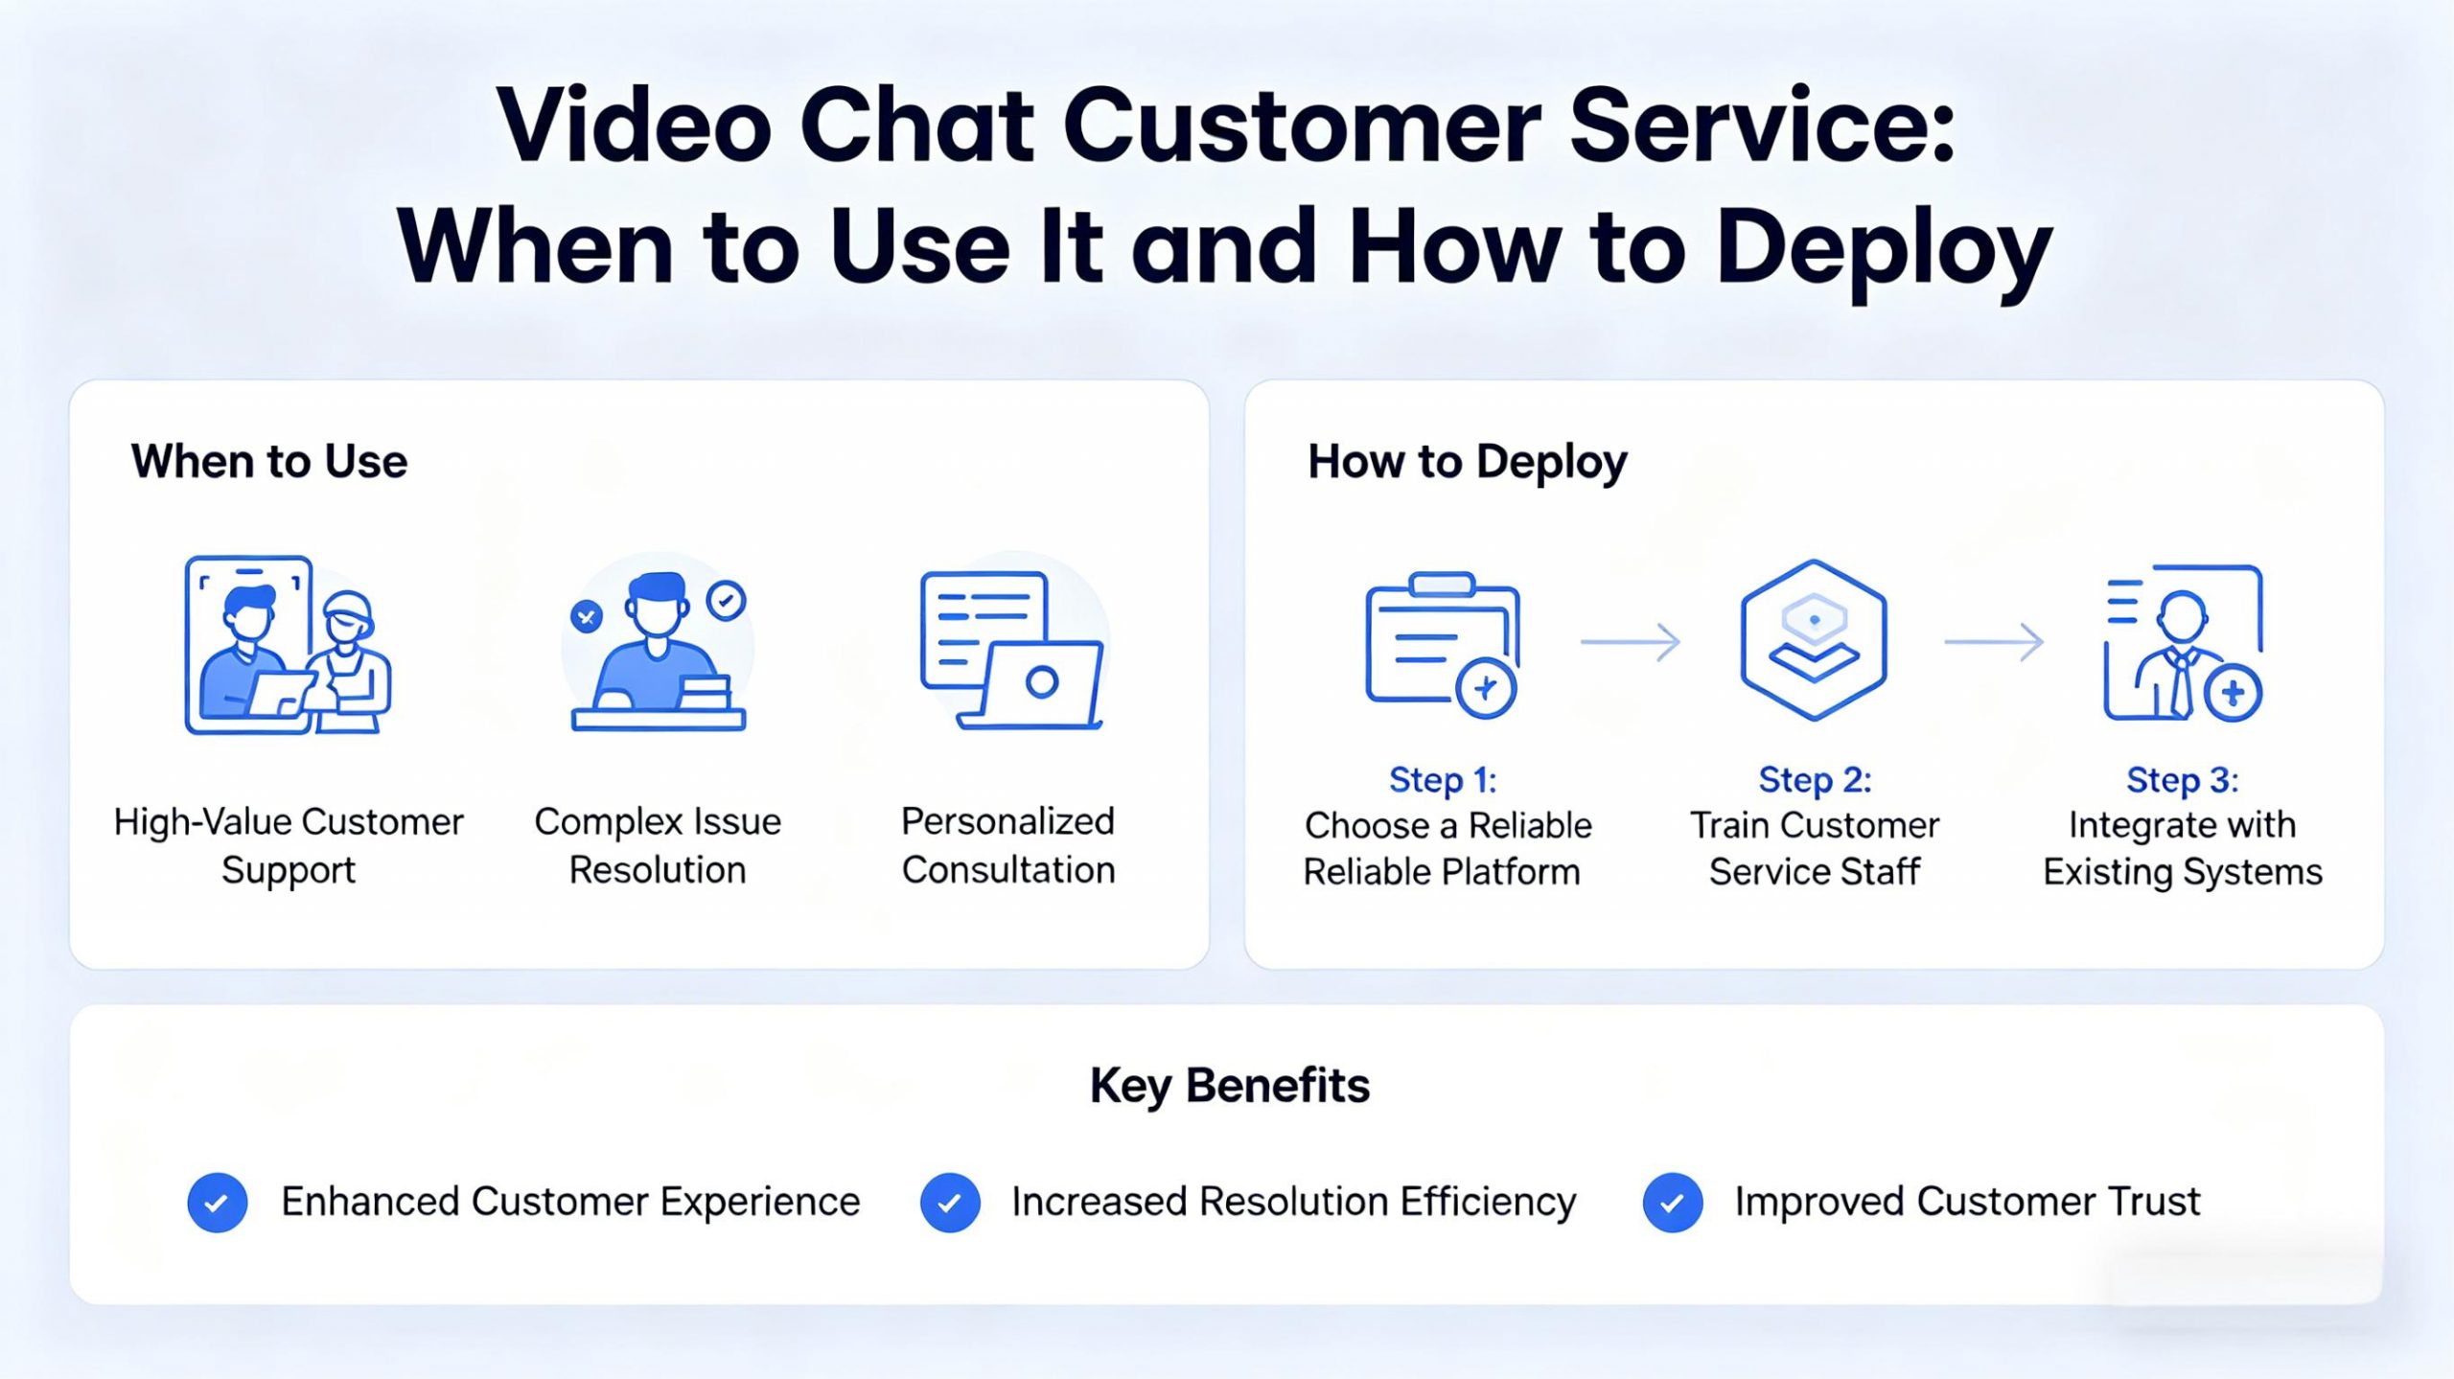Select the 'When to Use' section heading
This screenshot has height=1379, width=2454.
269,462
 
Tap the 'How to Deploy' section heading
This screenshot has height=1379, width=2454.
1467,462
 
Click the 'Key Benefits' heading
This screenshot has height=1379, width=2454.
1229,1086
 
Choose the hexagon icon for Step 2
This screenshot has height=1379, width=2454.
1813,640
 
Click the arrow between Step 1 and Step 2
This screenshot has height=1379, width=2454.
1630,641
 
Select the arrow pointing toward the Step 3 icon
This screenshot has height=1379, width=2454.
1994,641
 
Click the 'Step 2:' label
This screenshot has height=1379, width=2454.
1814,780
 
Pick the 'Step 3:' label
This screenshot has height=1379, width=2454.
2182,780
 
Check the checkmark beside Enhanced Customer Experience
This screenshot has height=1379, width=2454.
218,1203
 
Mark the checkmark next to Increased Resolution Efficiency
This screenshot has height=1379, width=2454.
950,1203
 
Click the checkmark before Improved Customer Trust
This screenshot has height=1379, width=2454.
1673,1203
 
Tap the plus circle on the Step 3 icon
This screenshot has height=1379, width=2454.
2233,693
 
